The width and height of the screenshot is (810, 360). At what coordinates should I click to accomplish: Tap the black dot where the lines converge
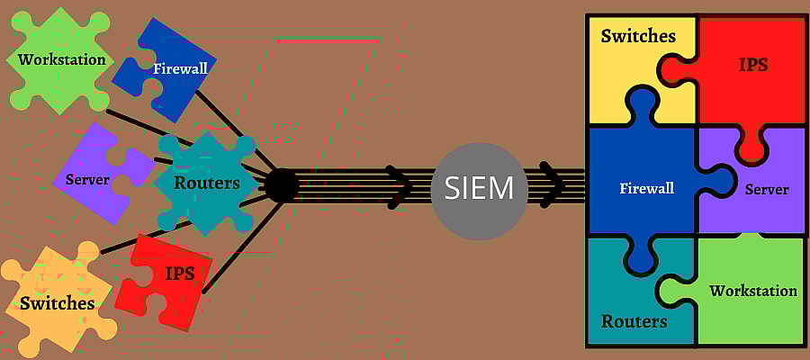tap(282, 184)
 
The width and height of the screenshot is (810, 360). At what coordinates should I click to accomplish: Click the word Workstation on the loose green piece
tap(62, 59)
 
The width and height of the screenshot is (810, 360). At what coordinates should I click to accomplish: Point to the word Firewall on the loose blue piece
tap(180, 68)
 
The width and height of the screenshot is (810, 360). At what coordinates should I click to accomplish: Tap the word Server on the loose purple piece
tap(88, 180)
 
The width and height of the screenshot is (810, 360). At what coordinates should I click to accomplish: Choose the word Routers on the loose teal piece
tap(207, 183)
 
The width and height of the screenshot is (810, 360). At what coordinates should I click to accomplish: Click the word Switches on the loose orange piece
tap(58, 302)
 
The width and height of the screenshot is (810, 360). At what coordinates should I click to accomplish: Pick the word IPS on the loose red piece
tap(180, 273)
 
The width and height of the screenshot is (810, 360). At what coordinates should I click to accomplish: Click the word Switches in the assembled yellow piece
tap(638, 36)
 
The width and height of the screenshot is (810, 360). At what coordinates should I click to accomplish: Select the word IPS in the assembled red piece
tap(753, 65)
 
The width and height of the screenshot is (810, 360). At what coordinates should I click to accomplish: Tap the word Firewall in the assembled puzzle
tap(647, 187)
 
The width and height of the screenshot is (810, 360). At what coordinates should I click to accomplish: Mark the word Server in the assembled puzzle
tap(767, 190)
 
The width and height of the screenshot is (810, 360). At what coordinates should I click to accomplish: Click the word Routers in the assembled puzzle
tap(634, 321)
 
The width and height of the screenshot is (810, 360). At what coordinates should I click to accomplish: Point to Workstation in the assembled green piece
tap(753, 291)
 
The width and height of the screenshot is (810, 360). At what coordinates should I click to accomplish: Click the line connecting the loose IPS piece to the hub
tap(242, 247)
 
